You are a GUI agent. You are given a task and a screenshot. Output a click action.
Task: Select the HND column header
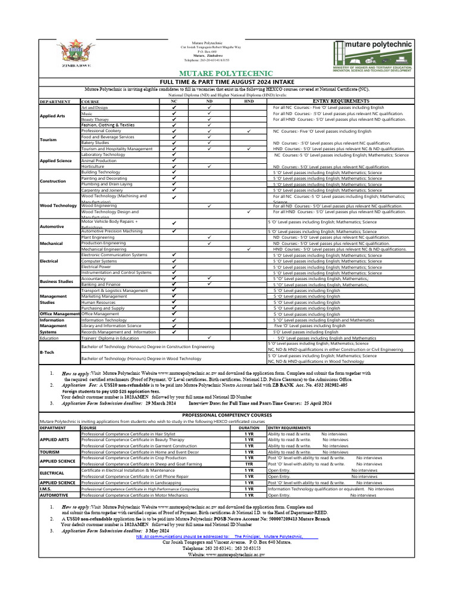(x=248, y=102)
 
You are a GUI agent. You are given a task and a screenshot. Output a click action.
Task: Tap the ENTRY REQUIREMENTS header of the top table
(x=340, y=101)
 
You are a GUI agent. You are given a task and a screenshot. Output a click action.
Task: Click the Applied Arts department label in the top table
(x=52, y=116)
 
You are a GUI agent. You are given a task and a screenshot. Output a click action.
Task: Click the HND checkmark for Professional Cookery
(x=248, y=131)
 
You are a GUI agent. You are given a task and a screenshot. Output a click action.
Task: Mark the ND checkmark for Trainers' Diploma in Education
(x=209, y=338)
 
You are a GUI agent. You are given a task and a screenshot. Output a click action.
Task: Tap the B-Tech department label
(x=47, y=353)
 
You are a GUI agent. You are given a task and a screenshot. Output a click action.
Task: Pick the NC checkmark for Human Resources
(x=174, y=302)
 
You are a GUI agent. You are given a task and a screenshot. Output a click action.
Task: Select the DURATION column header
(x=249, y=428)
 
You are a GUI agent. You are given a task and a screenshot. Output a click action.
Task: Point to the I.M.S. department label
(x=47, y=488)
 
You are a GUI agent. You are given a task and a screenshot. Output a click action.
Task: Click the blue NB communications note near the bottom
(x=227, y=536)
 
